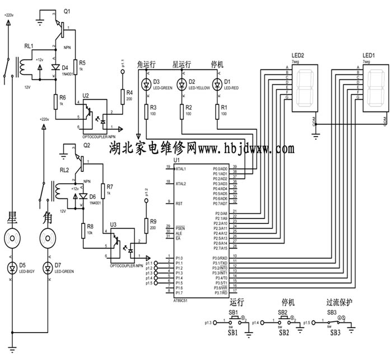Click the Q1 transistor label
click(x=68, y=11)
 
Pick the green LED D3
click(x=146, y=85)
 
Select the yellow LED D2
click(x=181, y=85)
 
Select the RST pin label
click(x=179, y=204)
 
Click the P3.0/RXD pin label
click(x=220, y=258)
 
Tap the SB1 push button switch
click(x=233, y=321)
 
